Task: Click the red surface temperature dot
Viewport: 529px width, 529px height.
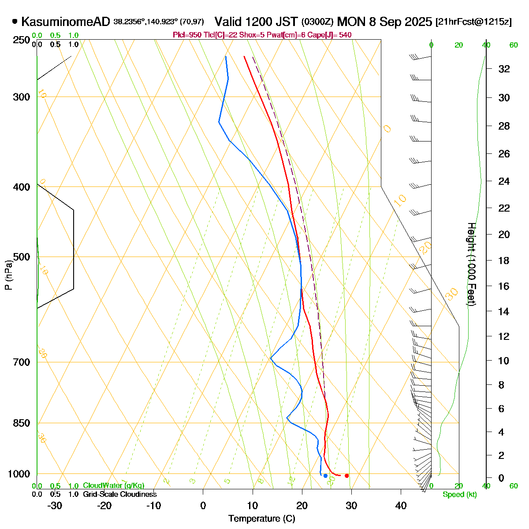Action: click(347, 476)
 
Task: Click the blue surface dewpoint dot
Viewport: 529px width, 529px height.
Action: click(325, 476)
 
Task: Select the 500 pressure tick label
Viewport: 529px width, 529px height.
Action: click(22, 257)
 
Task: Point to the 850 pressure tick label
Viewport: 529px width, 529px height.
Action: click(22, 423)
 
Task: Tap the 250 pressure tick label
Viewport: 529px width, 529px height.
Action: click(22, 40)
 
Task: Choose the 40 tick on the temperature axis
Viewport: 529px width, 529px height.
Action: click(401, 506)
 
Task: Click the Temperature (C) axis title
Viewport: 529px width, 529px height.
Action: click(262, 519)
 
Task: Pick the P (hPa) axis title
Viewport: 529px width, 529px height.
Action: click(8, 275)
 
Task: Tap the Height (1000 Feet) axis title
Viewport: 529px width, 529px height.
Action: click(471, 264)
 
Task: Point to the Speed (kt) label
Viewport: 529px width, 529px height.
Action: click(460, 495)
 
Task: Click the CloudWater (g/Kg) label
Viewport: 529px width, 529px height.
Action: click(114, 485)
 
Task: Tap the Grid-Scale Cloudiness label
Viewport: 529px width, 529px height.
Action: click(119, 494)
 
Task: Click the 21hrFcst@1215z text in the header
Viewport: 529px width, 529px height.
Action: click(473, 22)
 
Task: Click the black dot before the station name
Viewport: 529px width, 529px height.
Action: click(15, 21)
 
